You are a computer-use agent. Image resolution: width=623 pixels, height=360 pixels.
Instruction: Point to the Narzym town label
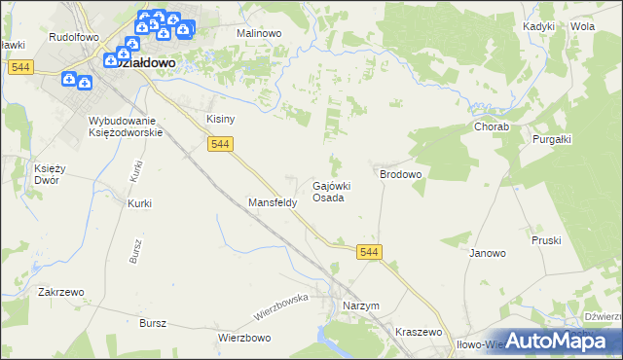tap(360, 306)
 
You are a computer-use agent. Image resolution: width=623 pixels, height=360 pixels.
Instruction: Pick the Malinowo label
tap(259, 32)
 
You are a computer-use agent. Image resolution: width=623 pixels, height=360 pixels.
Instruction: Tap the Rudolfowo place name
tap(75, 36)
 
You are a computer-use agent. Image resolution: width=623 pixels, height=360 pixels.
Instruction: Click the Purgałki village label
tap(552, 139)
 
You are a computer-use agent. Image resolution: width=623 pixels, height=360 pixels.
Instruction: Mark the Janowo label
tap(488, 253)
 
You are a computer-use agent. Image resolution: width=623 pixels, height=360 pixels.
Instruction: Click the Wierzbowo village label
tap(243, 339)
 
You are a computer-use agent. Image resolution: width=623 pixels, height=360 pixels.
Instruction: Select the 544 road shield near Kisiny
tap(220, 144)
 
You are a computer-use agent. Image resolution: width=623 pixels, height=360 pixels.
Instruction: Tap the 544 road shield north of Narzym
tap(369, 252)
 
